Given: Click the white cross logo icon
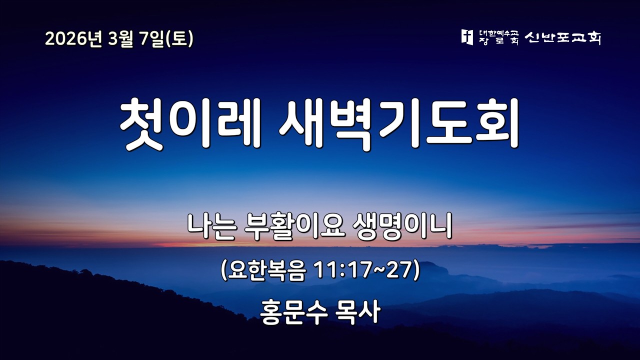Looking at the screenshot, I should pos(466,37).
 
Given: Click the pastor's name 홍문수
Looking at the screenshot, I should pos(290,312).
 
